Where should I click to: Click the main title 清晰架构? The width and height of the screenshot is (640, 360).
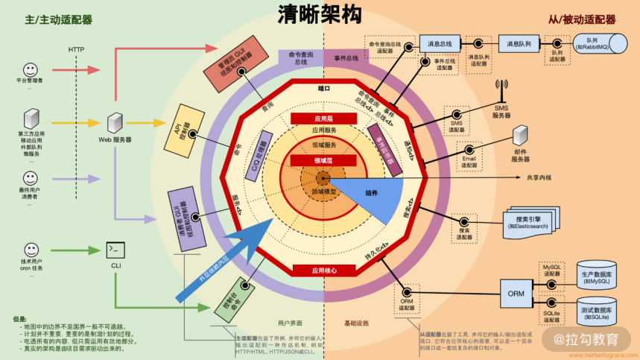(320, 17)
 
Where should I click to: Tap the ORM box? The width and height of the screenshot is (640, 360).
(516, 293)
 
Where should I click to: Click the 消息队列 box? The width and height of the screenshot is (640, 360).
(519, 44)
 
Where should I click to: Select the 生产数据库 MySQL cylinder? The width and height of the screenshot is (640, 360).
(598, 277)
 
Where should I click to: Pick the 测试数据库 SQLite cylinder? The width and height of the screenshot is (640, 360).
(598, 312)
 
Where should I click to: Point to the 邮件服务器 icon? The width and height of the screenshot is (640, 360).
(520, 137)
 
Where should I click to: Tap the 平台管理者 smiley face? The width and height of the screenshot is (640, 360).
(31, 67)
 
